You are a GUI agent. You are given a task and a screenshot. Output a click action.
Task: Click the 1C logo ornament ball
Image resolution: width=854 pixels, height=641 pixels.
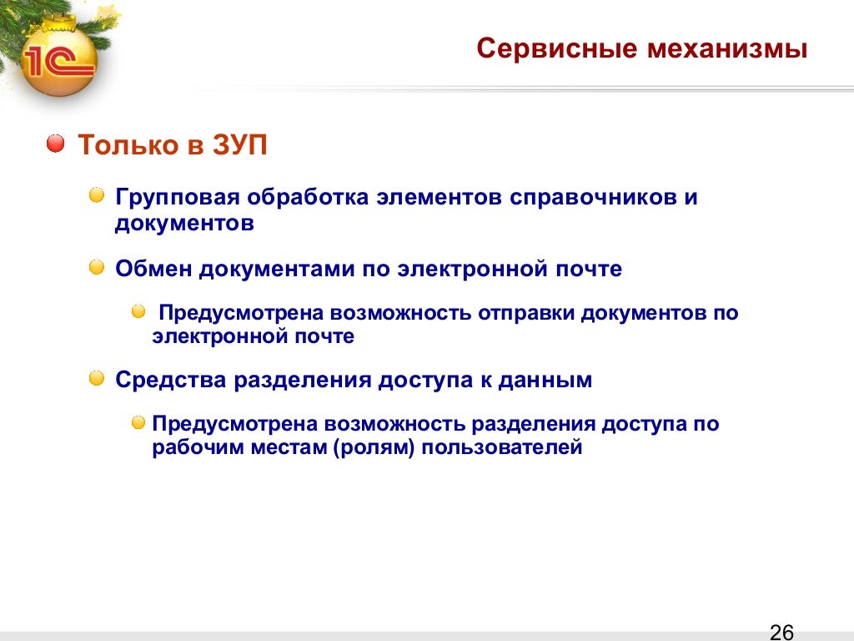coord(59,59)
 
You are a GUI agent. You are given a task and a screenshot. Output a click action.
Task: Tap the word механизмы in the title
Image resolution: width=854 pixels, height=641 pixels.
coord(727,48)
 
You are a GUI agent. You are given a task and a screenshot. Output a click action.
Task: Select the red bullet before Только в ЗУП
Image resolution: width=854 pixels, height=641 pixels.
coord(56,144)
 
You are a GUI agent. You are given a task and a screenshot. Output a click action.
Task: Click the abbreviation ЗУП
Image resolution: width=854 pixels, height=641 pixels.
coord(239,145)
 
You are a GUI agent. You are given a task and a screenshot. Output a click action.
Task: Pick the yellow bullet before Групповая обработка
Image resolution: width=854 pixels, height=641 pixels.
coord(97,195)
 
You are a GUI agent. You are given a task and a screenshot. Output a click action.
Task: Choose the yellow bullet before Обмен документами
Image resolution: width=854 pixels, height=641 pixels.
coord(97,267)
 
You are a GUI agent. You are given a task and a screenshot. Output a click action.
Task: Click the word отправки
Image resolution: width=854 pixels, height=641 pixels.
coord(525,314)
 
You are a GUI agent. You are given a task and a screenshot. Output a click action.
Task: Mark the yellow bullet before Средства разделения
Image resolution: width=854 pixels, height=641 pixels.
coord(97,378)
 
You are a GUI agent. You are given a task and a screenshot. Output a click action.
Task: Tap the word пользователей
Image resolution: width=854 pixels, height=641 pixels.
coord(502,447)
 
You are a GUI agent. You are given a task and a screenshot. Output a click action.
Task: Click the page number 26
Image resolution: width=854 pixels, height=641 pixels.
coord(781,631)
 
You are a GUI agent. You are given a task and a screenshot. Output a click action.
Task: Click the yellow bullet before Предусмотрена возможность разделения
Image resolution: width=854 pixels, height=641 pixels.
coord(138,422)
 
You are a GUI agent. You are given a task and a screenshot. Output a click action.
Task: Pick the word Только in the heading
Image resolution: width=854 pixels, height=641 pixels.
coord(128,145)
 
